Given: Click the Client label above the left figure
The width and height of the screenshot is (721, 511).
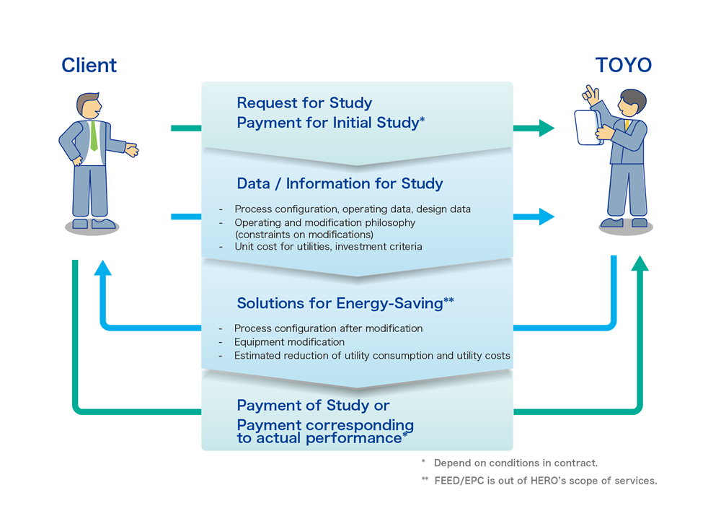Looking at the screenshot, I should (x=89, y=65).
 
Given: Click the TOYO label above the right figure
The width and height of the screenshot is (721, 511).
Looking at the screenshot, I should (x=623, y=65).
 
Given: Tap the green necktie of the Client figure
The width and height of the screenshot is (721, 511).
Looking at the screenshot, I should (x=93, y=136).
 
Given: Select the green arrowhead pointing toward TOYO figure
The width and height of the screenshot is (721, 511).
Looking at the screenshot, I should (x=546, y=128).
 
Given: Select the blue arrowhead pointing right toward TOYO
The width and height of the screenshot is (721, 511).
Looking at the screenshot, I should (x=546, y=216).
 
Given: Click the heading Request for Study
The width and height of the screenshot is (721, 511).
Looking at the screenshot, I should (x=304, y=103).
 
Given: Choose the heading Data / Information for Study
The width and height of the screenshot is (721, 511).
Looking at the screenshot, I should (x=340, y=183).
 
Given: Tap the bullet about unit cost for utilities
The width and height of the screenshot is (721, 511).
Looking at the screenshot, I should (x=328, y=247).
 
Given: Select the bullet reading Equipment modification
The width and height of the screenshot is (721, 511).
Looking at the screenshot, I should (x=289, y=342).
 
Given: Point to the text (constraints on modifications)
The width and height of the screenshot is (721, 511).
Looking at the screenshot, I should (x=304, y=234).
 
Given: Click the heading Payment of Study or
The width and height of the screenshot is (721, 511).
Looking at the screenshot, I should (x=313, y=406).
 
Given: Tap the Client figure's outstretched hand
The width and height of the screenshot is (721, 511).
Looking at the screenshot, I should (x=131, y=150).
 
